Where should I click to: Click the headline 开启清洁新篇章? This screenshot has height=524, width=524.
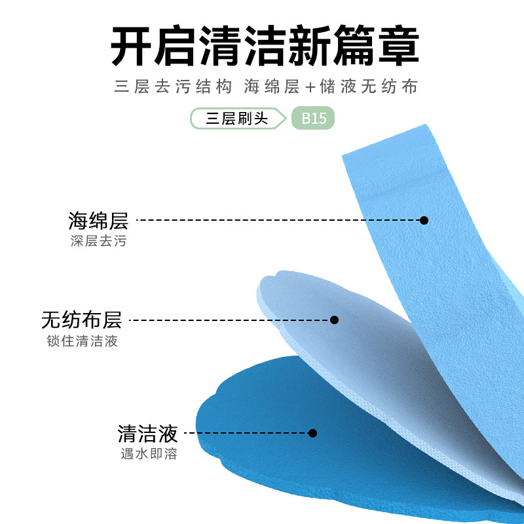point(264,46)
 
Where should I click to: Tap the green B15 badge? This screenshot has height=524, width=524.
point(313,119)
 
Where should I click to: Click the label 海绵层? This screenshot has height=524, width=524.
point(98,220)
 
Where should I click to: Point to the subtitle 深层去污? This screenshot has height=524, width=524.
point(98,241)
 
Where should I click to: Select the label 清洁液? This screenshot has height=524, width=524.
point(147,433)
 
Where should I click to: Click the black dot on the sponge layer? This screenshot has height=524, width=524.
point(424,220)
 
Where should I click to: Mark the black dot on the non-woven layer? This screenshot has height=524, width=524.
point(334,320)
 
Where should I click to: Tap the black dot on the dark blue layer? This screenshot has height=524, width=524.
point(312,433)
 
